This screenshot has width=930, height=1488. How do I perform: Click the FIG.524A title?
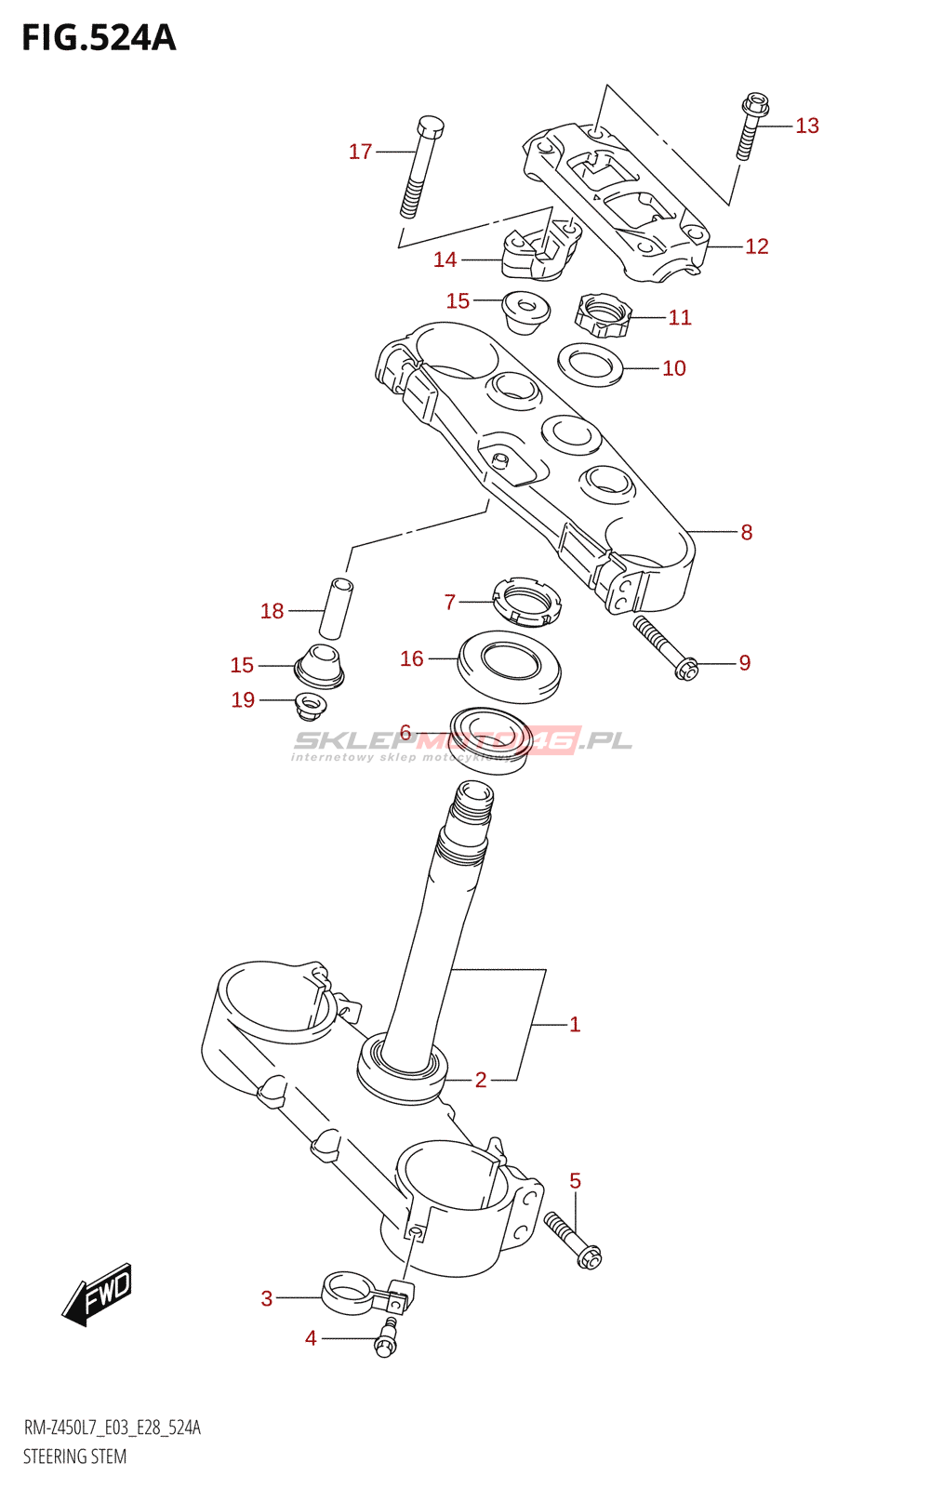coord(99,38)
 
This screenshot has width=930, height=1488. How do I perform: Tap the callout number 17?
coord(360,152)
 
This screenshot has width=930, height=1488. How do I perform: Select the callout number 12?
coord(757,246)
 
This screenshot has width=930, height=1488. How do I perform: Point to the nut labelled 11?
coord(603,315)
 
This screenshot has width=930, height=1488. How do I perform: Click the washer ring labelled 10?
coord(590,365)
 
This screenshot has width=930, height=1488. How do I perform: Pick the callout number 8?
coord(746,532)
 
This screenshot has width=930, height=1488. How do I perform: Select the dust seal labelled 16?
coord(509,665)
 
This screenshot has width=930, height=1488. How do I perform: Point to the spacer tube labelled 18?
coord(336,607)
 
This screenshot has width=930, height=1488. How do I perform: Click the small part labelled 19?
coord(310,705)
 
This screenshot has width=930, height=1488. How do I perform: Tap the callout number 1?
coord(575,1024)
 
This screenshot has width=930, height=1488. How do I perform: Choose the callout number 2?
coord(481,1080)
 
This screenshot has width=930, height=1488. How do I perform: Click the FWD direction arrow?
coord(99,1295)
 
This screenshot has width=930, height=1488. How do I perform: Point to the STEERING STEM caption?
coord(74,1456)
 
